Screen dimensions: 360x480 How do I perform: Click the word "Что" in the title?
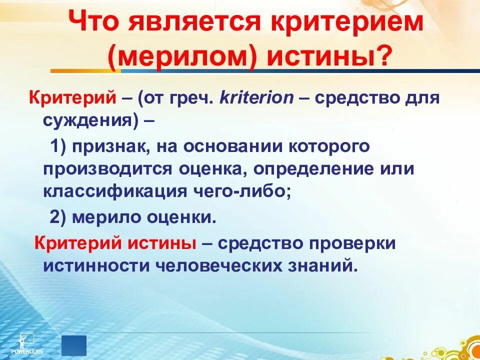click(x=96, y=23)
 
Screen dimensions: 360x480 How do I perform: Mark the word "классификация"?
click(x=113, y=191)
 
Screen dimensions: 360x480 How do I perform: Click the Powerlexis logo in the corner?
click(x=31, y=343)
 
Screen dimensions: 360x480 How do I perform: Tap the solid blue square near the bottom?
click(x=74, y=345)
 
